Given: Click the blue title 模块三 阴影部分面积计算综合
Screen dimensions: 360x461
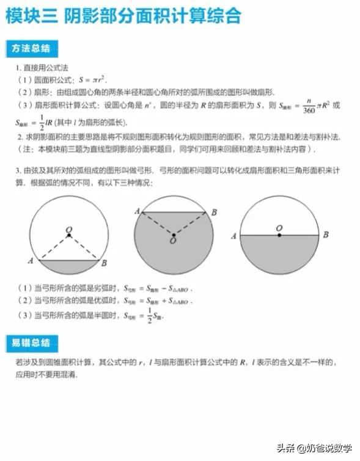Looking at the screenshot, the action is coord(122,16).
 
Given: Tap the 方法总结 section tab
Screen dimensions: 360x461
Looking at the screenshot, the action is coord(31,48).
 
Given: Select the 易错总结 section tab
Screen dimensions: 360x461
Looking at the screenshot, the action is coord(31,343).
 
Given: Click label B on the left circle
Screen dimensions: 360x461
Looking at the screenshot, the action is coord(105,263).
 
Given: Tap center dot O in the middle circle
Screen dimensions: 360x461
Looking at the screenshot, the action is coord(174,235).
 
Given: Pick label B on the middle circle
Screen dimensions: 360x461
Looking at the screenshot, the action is coord(213,212).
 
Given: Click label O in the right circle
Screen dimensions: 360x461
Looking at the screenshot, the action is coord(279,228).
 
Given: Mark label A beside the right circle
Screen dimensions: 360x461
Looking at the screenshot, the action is coord(233,236).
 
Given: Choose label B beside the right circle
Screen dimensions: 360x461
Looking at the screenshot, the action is coord(326,235).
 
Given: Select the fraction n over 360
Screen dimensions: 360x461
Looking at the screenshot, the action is coord(309,105).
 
